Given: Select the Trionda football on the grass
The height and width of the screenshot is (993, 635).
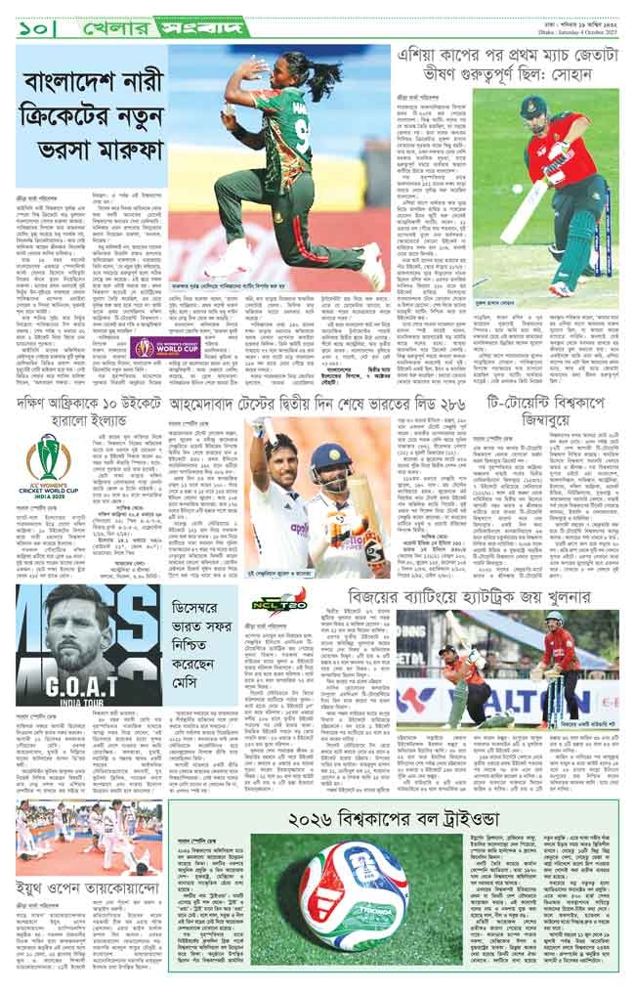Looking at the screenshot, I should [353, 896].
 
